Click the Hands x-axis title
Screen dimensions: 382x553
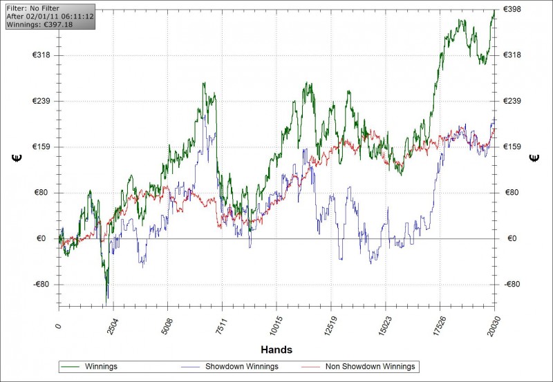click(276, 350)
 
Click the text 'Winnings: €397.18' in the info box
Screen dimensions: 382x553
click(39, 24)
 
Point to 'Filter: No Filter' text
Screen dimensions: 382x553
click(32, 8)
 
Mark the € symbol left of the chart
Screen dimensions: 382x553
click(16, 158)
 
